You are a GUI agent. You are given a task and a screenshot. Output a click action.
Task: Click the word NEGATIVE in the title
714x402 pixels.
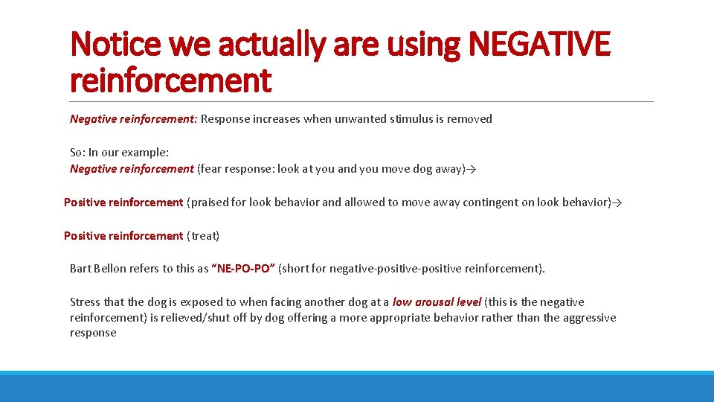(x=540, y=44)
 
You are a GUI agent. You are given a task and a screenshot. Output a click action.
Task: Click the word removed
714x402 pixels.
(x=469, y=119)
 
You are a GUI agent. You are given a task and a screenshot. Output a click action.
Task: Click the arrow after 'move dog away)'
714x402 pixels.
(x=471, y=169)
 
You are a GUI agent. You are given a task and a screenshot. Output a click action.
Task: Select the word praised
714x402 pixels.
(x=211, y=202)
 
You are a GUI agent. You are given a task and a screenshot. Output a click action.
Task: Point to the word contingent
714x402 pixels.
(x=491, y=202)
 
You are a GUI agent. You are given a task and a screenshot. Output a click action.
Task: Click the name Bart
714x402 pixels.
(x=80, y=269)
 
